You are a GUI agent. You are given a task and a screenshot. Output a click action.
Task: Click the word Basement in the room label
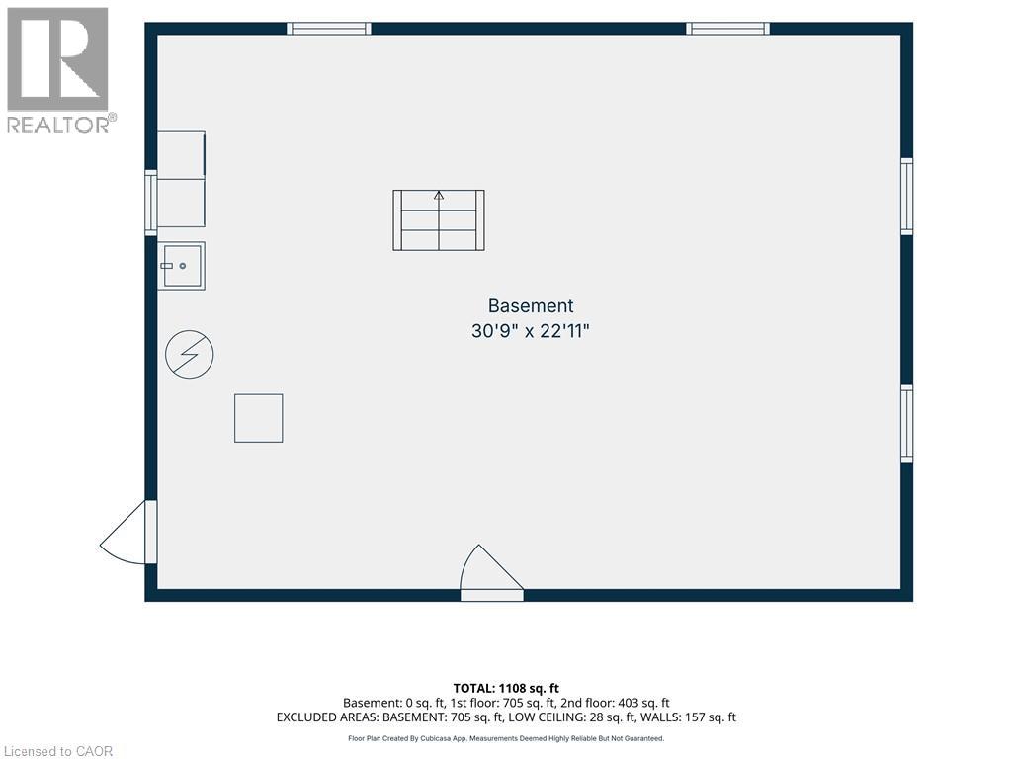531,306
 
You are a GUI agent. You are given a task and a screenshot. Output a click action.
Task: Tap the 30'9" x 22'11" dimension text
531,331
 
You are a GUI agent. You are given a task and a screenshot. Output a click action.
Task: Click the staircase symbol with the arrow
439,220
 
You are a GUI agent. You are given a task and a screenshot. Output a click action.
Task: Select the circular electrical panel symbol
189,354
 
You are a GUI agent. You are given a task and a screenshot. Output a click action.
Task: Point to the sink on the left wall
182,265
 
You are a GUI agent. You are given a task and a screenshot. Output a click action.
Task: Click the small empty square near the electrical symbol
258,418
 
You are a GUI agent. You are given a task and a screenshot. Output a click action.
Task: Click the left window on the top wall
328,29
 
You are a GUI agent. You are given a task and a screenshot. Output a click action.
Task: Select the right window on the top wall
727,29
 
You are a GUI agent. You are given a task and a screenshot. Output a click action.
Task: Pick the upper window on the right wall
907,197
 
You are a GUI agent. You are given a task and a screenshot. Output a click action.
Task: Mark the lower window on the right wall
907,423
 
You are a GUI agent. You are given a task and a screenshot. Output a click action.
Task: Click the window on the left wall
151,202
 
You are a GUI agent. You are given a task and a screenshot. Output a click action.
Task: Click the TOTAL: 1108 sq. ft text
506,688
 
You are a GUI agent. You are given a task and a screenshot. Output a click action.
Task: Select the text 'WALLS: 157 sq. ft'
690,717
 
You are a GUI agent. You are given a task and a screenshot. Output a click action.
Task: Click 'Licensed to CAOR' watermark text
58,751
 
